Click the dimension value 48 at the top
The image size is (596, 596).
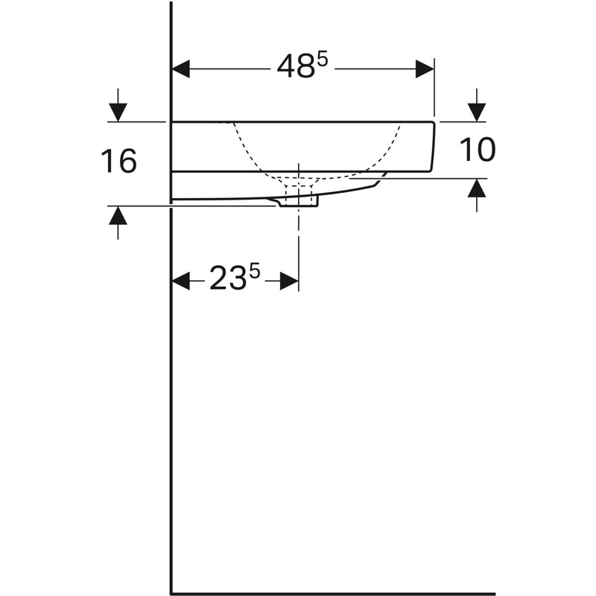pos(296,67)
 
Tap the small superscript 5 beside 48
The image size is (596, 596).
pos(323,60)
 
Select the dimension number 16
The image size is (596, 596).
pos(118,161)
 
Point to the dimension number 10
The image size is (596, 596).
pos(478,149)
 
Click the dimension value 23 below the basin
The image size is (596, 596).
pos(227,279)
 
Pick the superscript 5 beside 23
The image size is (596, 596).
pos(254,272)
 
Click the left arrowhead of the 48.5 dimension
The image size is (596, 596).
pos(181,69)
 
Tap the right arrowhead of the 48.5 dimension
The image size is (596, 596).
pos(425,69)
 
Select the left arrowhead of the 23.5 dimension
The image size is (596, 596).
pos(181,281)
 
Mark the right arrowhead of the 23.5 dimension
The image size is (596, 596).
pos(289,281)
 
